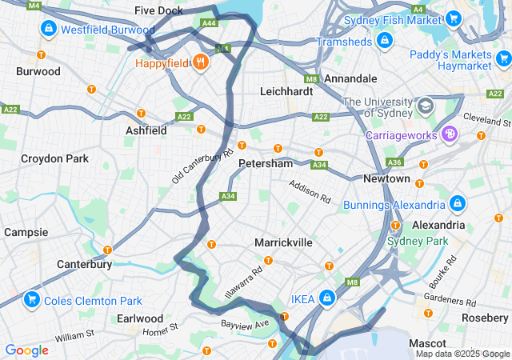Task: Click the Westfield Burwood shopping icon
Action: pyautogui.click(x=49, y=30)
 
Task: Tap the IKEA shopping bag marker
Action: pyautogui.click(x=327, y=298)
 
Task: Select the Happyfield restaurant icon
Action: pyautogui.click(x=200, y=62)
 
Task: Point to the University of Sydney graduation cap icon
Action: pyautogui.click(x=425, y=106)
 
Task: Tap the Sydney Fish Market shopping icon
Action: pyautogui.click(x=454, y=19)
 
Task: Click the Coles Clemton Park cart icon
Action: pyautogui.click(x=32, y=301)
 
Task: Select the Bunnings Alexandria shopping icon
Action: pyautogui.click(x=457, y=205)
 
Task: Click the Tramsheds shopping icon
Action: pyautogui.click(x=385, y=41)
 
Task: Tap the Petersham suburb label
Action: pyautogui.click(x=266, y=163)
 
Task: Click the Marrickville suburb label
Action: pyautogui.click(x=283, y=242)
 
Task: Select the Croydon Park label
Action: pyautogui.click(x=55, y=158)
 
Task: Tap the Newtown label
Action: pyautogui.click(x=386, y=178)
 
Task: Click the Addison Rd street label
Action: pyautogui.click(x=310, y=190)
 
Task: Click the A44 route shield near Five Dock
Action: pyautogui.click(x=209, y=23)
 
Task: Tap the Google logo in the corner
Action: pyautogui.click(x=26, y=350)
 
